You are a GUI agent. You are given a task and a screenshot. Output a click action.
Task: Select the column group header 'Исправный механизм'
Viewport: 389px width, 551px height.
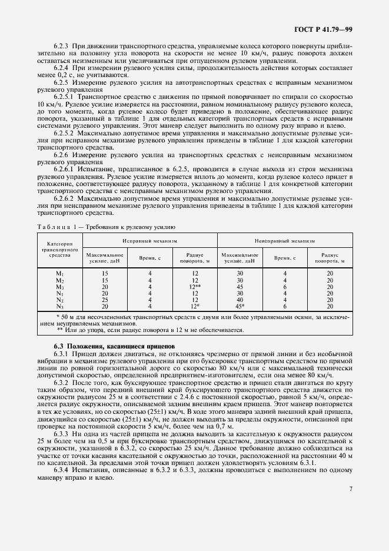tap(149, 240)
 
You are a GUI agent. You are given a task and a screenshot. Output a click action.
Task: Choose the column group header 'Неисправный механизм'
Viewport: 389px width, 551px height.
tap(285, 240)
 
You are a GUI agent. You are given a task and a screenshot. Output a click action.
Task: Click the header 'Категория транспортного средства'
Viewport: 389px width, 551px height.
tap(59, 250)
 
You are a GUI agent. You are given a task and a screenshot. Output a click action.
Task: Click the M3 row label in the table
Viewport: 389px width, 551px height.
tap(59, 287)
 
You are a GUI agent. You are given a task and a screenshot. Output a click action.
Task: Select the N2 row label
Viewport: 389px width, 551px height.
tap(59, 300)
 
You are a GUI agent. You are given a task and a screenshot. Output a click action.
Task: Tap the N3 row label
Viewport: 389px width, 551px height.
tap(59, 306)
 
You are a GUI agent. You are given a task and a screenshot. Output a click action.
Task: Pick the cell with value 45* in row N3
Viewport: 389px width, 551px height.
tap(240, 306)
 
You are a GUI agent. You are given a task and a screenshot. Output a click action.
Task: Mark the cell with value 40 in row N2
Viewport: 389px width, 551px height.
tap(240, 300)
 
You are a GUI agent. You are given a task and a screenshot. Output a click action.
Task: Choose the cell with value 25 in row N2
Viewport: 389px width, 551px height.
tap(105, 300)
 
